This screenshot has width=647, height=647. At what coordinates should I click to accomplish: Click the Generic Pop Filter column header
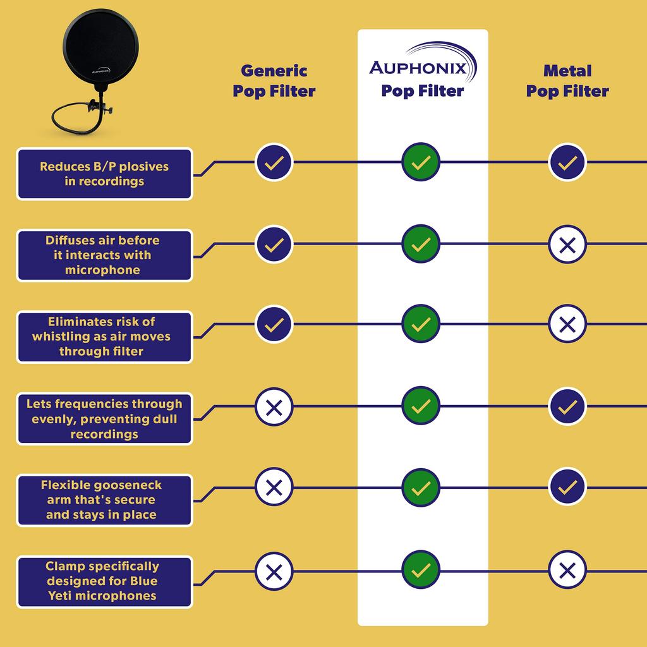(x=274, y=81)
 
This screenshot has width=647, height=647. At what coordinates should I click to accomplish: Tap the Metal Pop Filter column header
(x=567, y=81)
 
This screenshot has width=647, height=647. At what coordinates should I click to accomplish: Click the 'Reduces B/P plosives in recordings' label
(x=104, y=174)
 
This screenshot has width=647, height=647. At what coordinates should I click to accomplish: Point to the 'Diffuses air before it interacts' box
(x=104, y=255)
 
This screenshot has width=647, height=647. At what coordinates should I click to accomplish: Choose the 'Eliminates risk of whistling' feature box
(x=104, y=337)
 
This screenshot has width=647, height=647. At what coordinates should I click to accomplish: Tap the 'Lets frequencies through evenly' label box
(x=104, y=418)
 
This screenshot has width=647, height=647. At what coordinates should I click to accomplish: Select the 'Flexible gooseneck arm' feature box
(x=104, y=500)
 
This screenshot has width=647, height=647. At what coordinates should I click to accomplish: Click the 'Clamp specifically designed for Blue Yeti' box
(x=104, y=581)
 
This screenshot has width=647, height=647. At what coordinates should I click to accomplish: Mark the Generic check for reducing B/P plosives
(x=274, y=162)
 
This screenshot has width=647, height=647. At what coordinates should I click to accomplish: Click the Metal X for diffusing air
(x=567, y=244)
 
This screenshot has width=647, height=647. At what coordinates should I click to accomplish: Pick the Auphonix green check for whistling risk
(x=420, y=324)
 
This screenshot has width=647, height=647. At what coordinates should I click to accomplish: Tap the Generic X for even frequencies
(x=274, y=406)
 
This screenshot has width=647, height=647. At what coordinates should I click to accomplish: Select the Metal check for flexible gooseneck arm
(x=567, y=487)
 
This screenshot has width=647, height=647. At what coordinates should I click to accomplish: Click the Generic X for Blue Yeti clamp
(x=274, y=571)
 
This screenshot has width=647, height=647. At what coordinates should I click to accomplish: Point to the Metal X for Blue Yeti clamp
(x=567, y=571)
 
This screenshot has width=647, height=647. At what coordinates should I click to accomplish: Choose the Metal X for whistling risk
(x=567, y=325)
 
